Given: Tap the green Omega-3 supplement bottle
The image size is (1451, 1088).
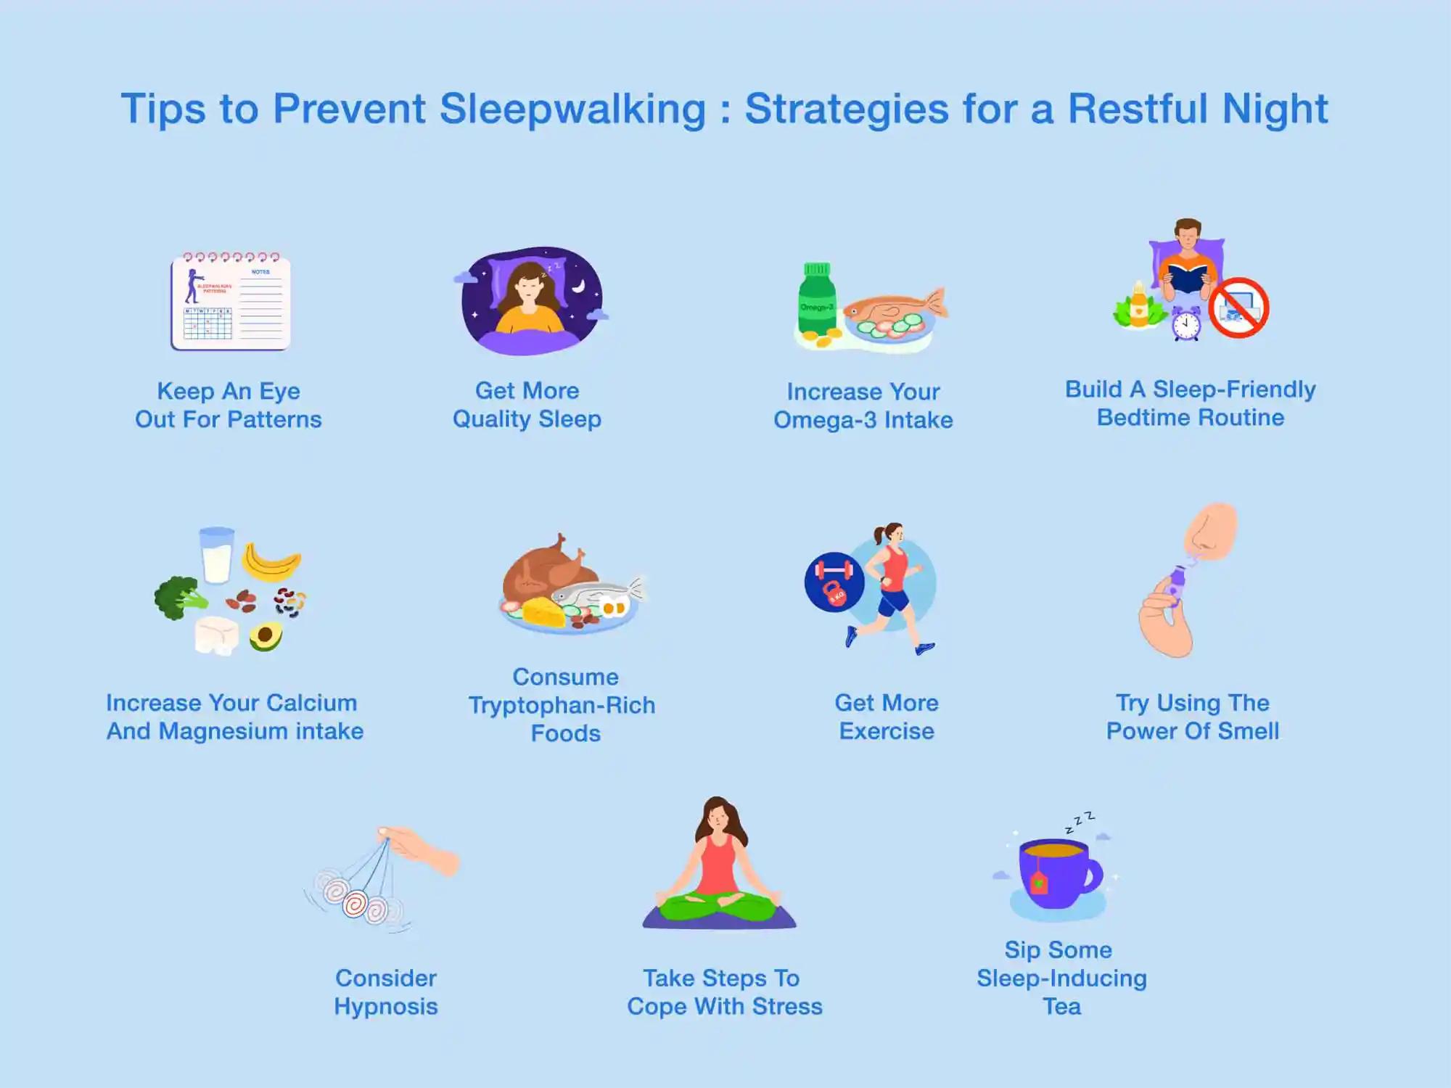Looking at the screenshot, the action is pos(817,298).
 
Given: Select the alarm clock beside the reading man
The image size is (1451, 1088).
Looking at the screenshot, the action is pos(1186,323).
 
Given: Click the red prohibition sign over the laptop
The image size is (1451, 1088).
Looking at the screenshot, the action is pos(1239,308).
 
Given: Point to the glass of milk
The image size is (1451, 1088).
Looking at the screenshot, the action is pos(217,555).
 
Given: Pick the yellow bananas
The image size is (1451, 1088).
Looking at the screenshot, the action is pos(271,561).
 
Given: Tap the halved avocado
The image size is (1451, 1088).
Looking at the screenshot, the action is pos(266,636).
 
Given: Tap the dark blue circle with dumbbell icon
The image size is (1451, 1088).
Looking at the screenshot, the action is pos(834,582).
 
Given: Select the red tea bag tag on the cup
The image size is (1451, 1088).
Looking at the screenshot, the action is pos(1039,883).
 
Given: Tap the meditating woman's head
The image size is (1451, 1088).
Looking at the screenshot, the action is pos(718,816).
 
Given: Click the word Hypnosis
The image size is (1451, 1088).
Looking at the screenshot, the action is pos(386,1007).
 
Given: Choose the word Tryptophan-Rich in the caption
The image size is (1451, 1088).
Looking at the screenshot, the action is pos(562,706).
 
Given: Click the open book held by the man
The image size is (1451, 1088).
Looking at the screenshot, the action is pos(1188,278).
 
